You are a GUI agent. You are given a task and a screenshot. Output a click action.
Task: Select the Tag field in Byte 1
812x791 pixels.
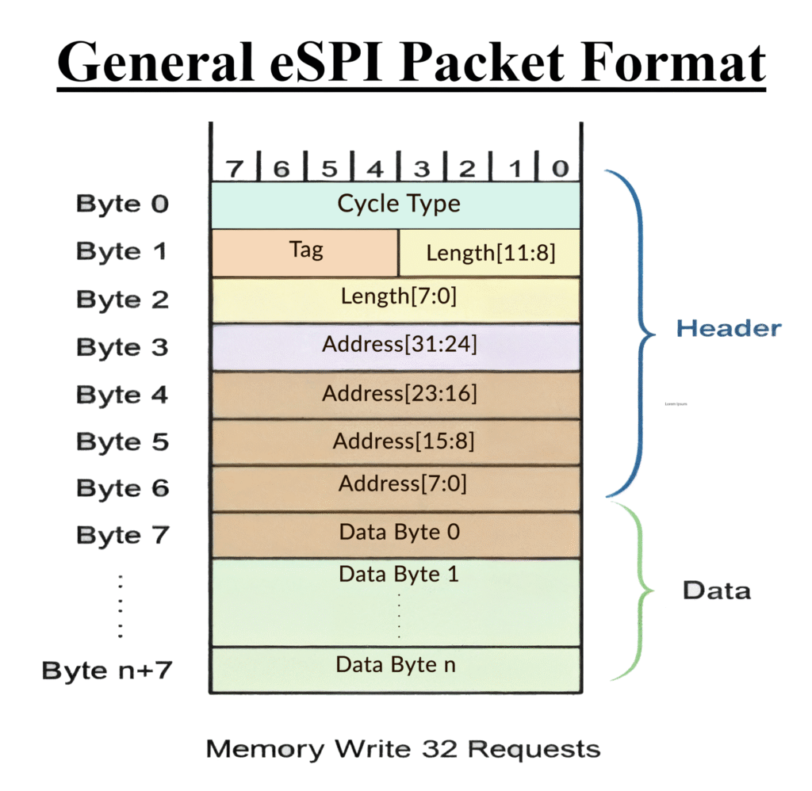pyautogui.click(x=306, y=251)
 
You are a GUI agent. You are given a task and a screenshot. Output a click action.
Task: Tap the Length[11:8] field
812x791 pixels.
pyautogui.click(x=490, y=254)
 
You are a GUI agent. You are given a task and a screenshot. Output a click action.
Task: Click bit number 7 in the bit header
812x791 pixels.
pyautogui.click(x=234, y=168)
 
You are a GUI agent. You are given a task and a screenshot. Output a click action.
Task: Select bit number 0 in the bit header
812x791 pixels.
pyautogui.click(x=560, y=168)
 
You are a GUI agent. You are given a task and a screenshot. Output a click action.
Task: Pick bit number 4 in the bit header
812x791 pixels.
pyautogui.click(x=374, y=168)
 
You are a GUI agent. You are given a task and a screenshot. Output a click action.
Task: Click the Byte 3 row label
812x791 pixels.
pyautogui.click(x=122, y=347)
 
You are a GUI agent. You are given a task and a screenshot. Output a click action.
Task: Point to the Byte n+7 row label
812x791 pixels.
pyautogui.click(x=107, y=671)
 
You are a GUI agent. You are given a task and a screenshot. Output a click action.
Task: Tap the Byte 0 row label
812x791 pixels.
pyautogui.click(x=122, y=204)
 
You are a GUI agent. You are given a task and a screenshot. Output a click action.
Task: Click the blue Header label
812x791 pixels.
pyautogui.click(x=728, y=328)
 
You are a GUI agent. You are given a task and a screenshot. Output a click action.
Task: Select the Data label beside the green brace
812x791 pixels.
pyautogui.click(x=716, y=590)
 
